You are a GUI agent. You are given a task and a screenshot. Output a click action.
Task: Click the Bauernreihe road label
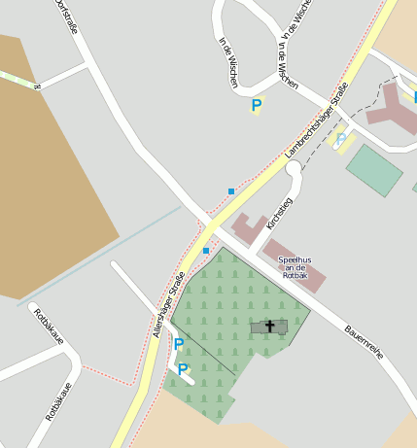364,342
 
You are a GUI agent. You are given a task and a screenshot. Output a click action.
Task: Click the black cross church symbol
270,327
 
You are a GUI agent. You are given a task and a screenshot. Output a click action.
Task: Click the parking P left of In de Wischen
257,105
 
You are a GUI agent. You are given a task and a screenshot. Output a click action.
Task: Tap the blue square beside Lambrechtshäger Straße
231,190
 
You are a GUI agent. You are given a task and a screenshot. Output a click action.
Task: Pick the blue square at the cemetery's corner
206,251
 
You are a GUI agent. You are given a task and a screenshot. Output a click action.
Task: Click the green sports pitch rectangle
374,169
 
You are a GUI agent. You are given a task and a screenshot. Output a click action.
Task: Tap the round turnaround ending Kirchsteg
294,169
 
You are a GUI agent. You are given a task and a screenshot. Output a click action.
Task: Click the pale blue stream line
107,251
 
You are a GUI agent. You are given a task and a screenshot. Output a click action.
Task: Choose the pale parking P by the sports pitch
341,141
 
